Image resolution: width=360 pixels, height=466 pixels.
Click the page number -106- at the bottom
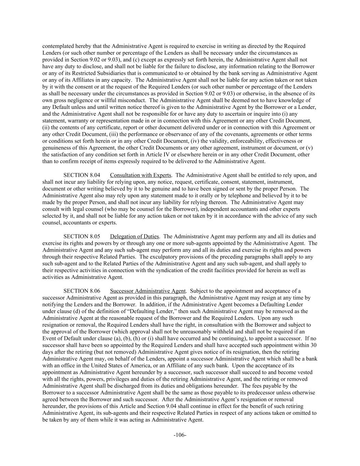pyautogui.click(x=180, y=435)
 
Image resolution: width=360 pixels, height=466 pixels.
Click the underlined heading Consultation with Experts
pyautogui.click(x=141, y=175)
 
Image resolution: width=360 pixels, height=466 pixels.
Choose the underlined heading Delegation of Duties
pyautogui.click(x=134, y=236)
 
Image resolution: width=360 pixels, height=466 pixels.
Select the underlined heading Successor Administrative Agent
pyautogui.click(x=148, y=291)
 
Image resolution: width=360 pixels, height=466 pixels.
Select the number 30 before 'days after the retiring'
pyautogui.click(x=313, y=345)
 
